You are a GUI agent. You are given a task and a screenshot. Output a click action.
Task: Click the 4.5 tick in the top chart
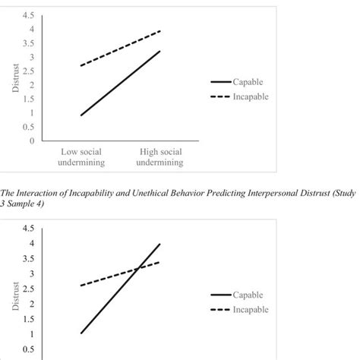point(27,15)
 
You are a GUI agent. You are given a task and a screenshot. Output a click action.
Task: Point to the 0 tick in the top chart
point(31,141)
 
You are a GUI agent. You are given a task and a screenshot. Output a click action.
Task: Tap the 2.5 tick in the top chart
point(27,71)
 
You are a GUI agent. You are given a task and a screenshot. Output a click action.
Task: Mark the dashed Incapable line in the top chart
point(122,49)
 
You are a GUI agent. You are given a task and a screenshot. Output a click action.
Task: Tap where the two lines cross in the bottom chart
point(139,267)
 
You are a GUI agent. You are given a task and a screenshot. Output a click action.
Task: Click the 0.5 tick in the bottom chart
point(27,349)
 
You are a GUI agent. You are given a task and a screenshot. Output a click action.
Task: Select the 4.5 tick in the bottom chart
point(27,228)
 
